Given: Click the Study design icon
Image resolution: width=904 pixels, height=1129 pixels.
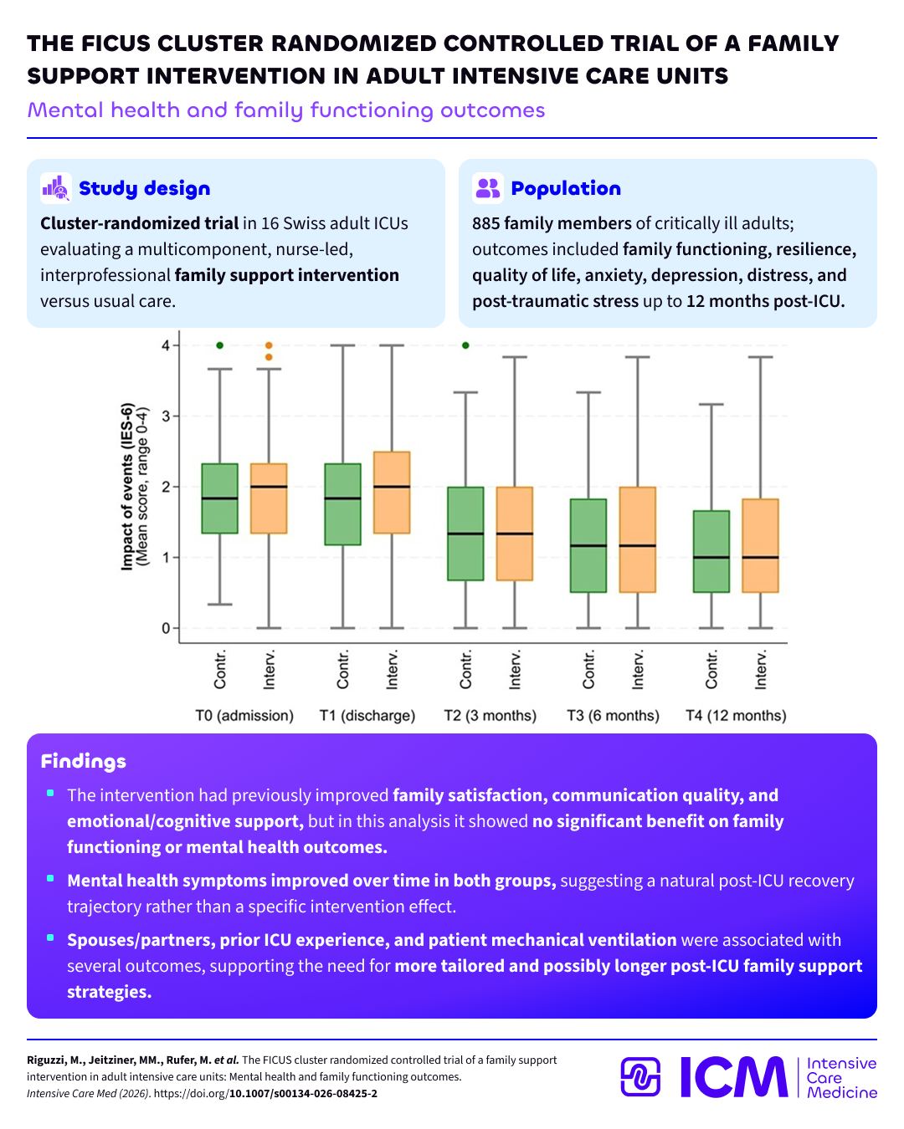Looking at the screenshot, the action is (56, 188).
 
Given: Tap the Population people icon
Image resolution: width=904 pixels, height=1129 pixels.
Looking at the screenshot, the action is (487, 188).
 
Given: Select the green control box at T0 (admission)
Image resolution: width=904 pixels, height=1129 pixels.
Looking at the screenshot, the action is (219, 498).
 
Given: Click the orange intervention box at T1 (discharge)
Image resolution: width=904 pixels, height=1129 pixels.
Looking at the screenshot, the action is (392, 492).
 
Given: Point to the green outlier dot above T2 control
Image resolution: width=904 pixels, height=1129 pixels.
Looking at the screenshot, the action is (465, 345).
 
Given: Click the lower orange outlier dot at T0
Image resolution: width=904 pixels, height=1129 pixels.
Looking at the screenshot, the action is (269, 357).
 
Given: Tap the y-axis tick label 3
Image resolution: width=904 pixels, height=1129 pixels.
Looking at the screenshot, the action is (166, 416).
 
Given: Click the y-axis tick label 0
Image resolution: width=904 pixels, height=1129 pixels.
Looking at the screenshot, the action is (166, 628).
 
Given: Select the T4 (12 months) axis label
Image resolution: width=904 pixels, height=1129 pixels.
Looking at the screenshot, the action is (736, 716).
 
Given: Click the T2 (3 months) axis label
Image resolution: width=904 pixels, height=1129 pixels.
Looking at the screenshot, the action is (490, 716).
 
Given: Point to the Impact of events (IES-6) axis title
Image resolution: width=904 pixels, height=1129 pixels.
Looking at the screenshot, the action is (127, 487).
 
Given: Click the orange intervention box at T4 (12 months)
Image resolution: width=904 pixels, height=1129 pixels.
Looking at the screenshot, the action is (760, 545).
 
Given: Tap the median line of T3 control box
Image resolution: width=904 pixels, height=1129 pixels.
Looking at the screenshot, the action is (588, 545).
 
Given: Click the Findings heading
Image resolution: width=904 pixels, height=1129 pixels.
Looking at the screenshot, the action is (84, 761).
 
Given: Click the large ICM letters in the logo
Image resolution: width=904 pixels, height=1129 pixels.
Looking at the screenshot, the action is (734, 1077).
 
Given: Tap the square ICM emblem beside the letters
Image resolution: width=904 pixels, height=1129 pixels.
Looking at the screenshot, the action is (639, 1077).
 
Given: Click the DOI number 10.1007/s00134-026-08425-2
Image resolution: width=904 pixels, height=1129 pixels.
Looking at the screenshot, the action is (303, 1093).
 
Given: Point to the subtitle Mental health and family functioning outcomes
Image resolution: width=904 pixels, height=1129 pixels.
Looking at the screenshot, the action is (286, 110).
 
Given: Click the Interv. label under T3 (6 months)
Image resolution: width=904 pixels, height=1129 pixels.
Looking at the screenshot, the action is (637, 669).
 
